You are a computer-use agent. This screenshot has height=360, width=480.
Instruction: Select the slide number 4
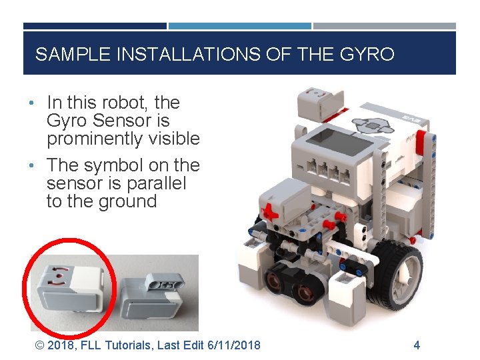417,345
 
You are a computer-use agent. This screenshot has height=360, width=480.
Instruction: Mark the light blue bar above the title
239,27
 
